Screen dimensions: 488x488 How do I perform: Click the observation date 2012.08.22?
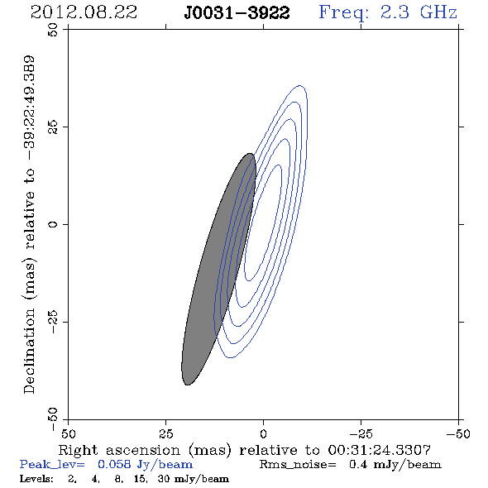tap(84, 12)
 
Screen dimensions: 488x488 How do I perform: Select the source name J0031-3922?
tap(237, 13)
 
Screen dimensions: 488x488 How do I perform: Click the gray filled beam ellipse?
tap(218, 269)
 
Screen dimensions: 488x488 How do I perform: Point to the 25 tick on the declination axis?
tap(53, 127)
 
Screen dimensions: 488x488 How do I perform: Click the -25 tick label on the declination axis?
tap(53, 322)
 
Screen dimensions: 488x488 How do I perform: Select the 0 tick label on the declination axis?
tap(53, 224)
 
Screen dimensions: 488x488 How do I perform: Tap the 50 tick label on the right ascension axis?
tap(68, 434)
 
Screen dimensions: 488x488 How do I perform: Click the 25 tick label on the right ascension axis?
tap(165, 434)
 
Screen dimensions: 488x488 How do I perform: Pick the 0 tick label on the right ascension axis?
tap(263, 434)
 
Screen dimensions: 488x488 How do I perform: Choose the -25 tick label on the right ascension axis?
tap(361, 434)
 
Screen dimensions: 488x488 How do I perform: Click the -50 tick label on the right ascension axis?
tap(458, 434)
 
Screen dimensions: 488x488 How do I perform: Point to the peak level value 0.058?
tap(114, 464)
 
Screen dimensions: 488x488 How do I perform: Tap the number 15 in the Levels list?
tap(140, 478)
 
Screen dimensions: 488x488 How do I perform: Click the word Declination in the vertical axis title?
tap(29, 351)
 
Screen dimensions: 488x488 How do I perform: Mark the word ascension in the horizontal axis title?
tap(143, 450)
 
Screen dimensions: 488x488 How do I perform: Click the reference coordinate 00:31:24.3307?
tap(380, 450)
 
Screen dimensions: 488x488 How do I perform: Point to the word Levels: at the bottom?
tap(36, 478)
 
